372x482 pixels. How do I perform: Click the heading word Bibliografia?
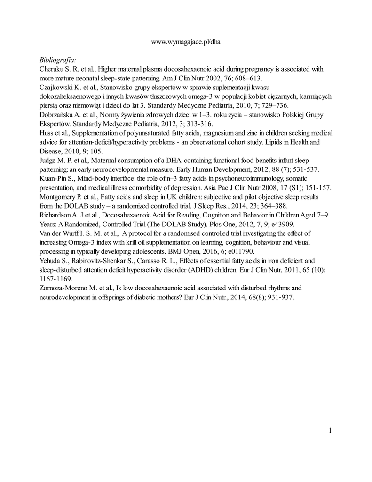pyautogui.click(x=58, y=60)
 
